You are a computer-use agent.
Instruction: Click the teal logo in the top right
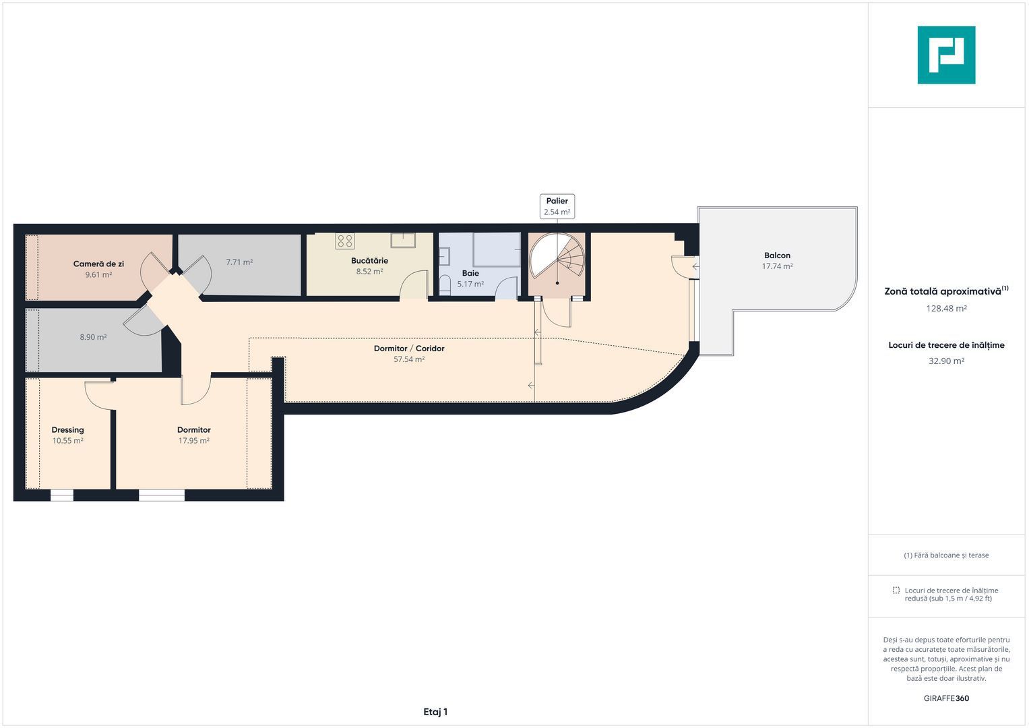pyautogui.click(x=946, y=55)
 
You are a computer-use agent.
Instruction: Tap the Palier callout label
pyautogui.click(x=557, y=206)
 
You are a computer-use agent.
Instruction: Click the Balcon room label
pyautogui.click(x=777, y=255)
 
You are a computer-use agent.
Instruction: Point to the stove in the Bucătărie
pyautogui.click(x=345, y=241)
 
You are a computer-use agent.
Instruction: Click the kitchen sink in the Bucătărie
pyautogui.click(x=404, y=241)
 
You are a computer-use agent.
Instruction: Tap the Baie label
pyautogui.click(x=470, y=273)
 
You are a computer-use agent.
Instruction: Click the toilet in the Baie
pyautogui.click(x=444, y=285)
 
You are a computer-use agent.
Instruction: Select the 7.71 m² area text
pyautogui.click(x=239, y=262)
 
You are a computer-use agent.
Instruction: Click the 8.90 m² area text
pyautogui.click(x=93, y=337)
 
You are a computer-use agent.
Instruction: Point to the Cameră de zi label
pyautogui.click(x=98, y=264)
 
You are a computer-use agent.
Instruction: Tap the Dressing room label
pyautogui.click(x=67, y=430)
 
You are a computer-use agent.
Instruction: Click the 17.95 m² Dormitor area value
pyautogui.click(x=194, y=441)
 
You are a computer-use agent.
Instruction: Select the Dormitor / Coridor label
pyautogui.click(x=409, y=348)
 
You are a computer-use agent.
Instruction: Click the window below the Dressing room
pyautogui.click(x=61, y=495)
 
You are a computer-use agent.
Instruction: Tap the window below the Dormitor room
pyautogui.click(x=162, y=495)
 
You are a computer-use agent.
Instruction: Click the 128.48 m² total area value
pyautogui.click(x=946, y=309)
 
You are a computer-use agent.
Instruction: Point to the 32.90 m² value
pyautogui.click(x=946, y=361)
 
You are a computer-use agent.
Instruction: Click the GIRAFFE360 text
pyautogui.click(x=946, y=698)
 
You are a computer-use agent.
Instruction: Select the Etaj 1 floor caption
pyautogui.click(x=435, y=712)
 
